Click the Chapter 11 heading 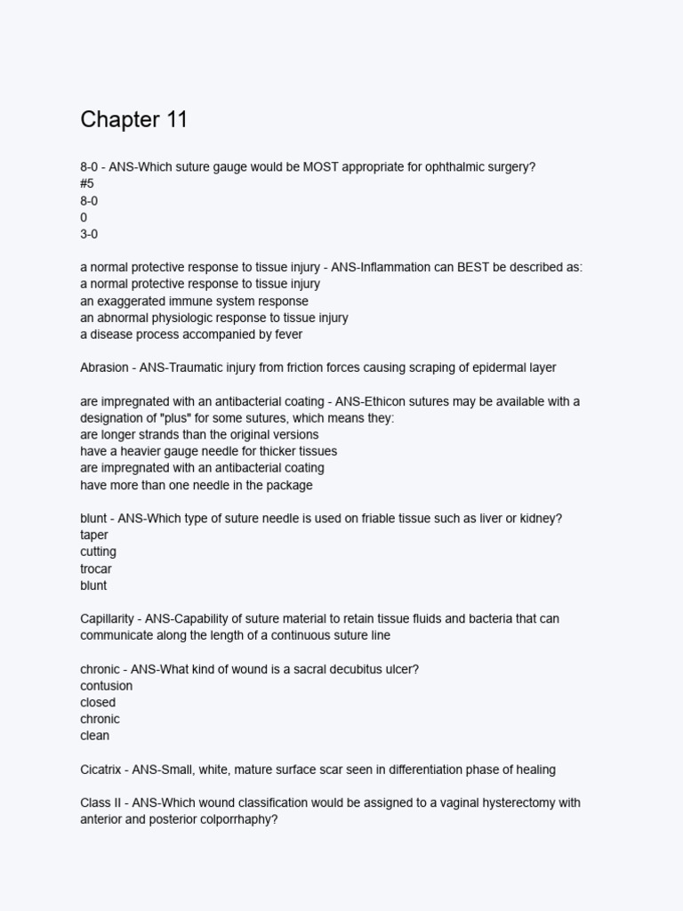click(133, 120)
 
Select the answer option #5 click(87, 184)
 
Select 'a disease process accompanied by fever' click(191, 335)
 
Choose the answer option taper click(94, 535)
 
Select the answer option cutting click(98, 552)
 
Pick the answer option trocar click(96, 568)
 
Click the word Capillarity click(108, 618)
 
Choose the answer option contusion click(106, 686)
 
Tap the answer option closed click(98, 703)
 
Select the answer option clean click(95, 736)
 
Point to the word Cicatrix click(103, 770)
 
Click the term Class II click(100, 803)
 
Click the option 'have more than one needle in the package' click(196, 485)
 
